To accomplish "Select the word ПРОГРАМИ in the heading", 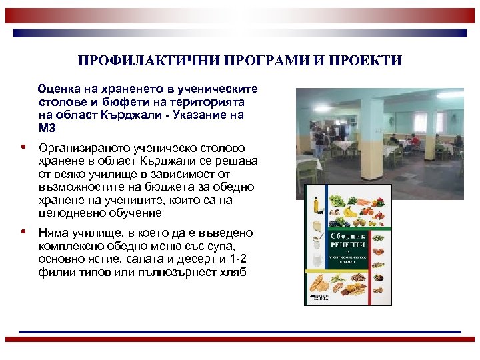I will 258,61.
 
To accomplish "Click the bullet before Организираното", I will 23,147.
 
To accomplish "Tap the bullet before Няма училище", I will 23,233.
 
